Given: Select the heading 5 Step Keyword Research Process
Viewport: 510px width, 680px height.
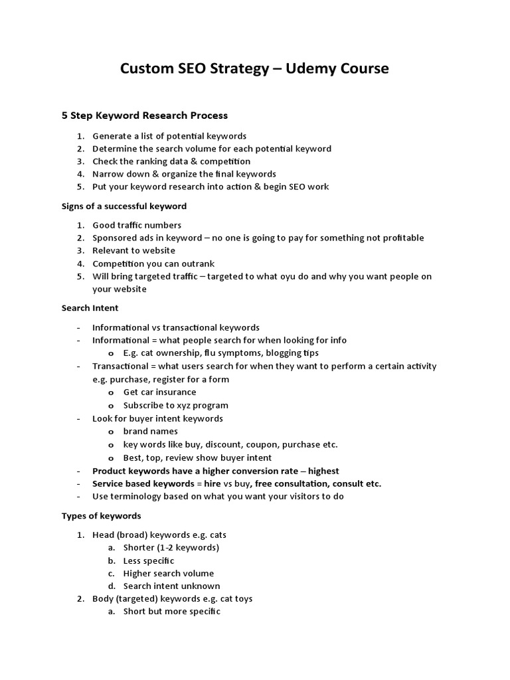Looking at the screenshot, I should (145, 116).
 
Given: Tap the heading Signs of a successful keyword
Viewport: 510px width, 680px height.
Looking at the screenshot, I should (124, 206).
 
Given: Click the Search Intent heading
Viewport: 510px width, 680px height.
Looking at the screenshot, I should (90, 308).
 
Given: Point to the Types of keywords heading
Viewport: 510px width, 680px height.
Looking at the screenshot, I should (102, 515).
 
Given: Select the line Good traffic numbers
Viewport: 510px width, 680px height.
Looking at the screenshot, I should (137, 225).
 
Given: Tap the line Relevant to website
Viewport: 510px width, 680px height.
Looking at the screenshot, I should (133, 250).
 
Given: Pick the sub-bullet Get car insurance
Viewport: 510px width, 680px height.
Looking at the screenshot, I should (159, 392).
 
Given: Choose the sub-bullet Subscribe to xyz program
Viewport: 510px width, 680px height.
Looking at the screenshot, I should (175, 405).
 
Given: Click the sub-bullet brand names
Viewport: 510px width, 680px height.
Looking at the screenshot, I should (150, 431).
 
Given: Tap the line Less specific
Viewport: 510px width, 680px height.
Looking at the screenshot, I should (149, 560).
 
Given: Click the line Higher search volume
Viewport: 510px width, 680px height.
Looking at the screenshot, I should (169, 573).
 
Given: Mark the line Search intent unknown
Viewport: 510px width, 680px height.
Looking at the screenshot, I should (171, 586).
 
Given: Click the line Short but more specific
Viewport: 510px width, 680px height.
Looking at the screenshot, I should (171, 611).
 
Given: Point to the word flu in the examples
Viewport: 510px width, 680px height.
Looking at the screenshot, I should (216, 353).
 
